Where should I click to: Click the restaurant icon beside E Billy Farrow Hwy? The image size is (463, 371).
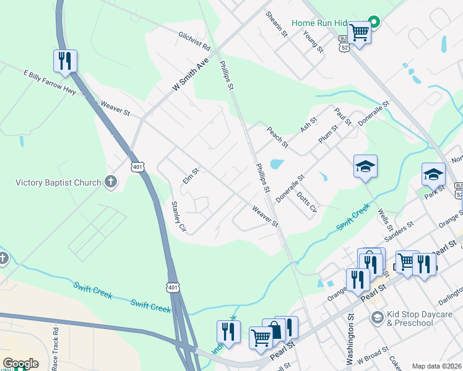[x=65, y=61]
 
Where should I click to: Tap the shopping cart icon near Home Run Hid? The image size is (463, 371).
[x=358, y=32]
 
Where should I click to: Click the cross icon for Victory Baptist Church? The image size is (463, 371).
[x=111, y=182]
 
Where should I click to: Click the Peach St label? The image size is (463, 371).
[x=277, y=137]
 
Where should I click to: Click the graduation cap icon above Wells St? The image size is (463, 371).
[x=365, y=166]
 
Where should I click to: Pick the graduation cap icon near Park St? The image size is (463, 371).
[x=433, y=174]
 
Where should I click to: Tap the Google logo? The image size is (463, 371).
[x=20, y=364]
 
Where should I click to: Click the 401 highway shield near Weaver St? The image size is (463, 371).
[x=137, y=167]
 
